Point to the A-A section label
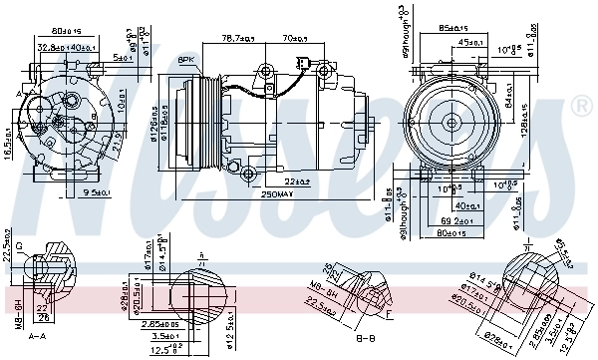[x=37, y=336]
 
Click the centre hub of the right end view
[x=451, y=123]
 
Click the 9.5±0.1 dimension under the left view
[x=97, y=191]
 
